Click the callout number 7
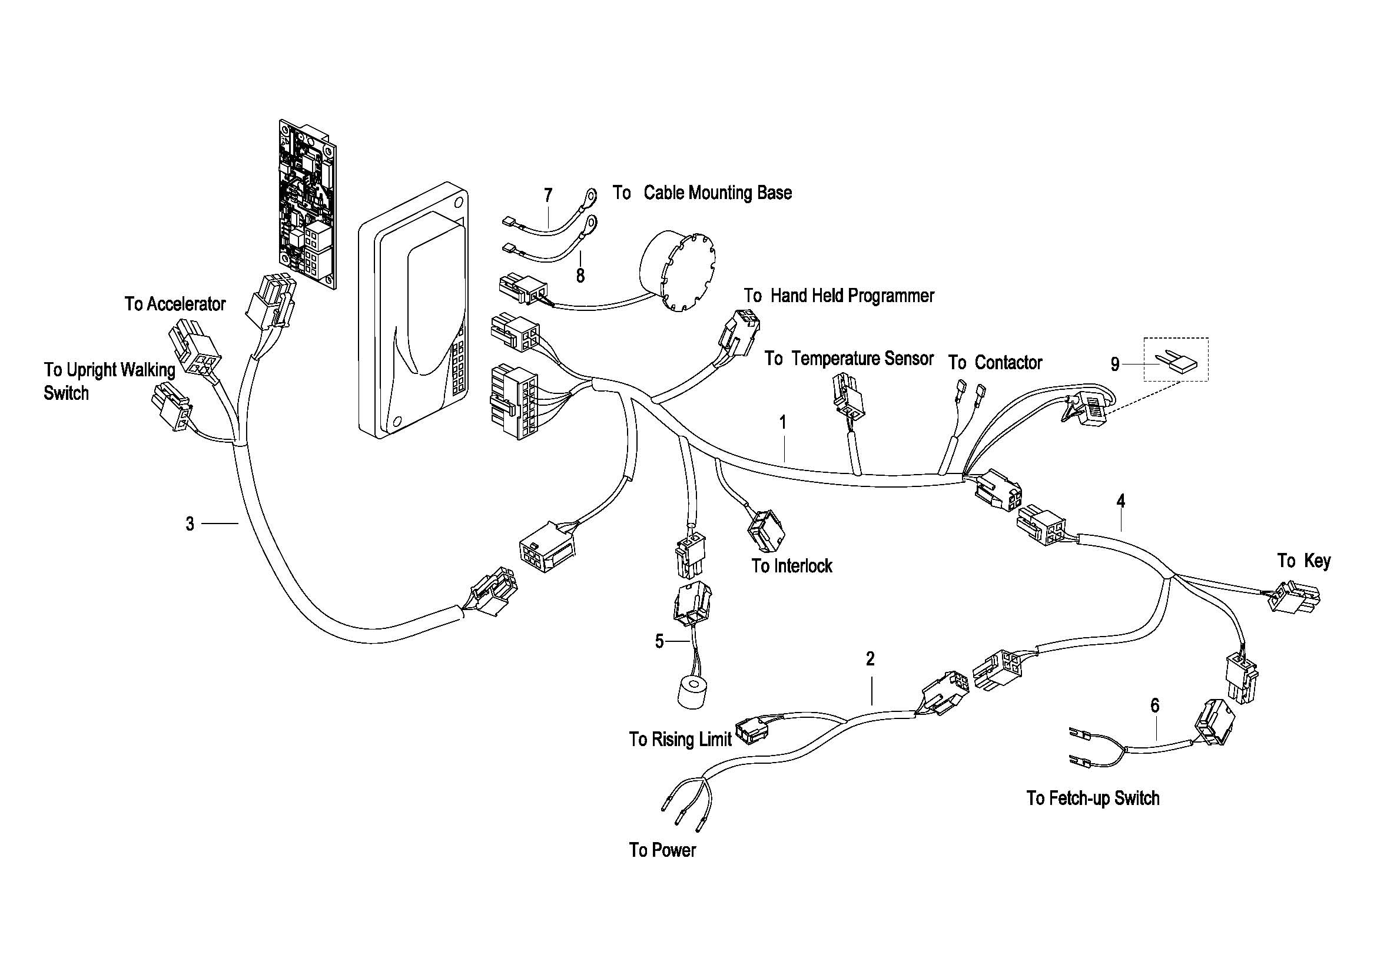tap(548, 195)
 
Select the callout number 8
tap(580, 275)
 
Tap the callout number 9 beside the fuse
tap(1115, 364)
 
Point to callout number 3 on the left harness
tap(190, 524)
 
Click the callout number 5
tap(659, 642)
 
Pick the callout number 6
tap(1154, 705)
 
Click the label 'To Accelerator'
tap(174, 304)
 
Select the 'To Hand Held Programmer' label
tap(838, 296)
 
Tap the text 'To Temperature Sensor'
tap(849, 359)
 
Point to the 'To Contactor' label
tap(995, 363)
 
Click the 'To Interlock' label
tap(792, 565)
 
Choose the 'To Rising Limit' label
tap(680, 739)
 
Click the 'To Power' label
tap(662, 850)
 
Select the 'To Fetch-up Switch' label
tap(1093, 799)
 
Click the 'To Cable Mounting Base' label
tap(702, 193)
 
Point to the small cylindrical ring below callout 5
tap(695, 693)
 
